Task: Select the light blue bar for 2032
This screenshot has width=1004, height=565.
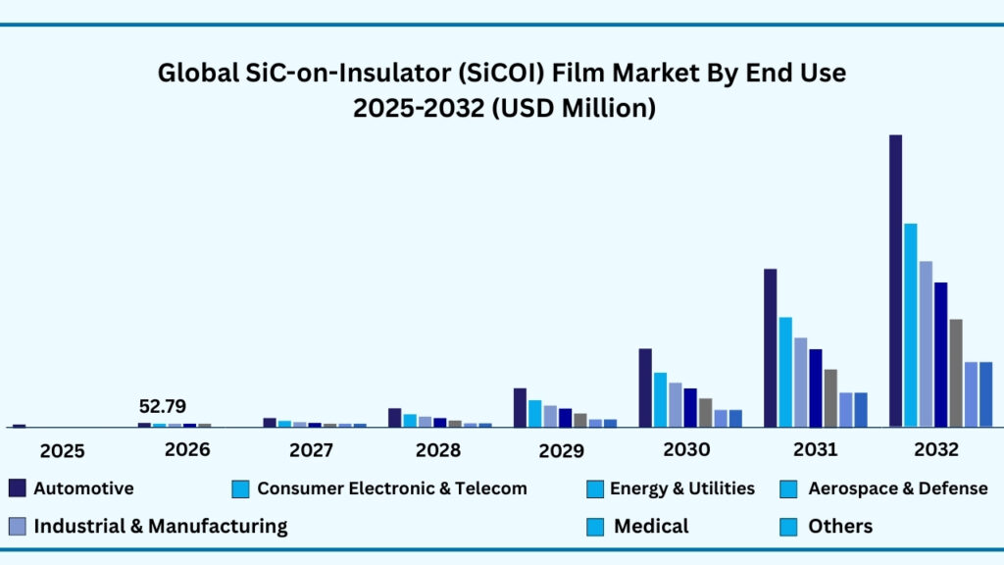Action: pos(911,325)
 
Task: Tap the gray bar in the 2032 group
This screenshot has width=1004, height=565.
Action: pos(956,373)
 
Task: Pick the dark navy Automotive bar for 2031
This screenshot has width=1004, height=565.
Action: pos(770,347)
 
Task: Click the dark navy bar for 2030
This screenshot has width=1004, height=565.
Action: pos(645,387)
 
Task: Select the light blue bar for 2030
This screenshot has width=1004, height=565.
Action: pos(660,399)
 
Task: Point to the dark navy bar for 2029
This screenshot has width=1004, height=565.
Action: pos(520,407)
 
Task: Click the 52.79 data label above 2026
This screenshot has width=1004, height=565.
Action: pos(163,406)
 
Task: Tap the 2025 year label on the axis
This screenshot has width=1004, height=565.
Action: pos(62,451)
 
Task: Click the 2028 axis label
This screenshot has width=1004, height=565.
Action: pos(437,450)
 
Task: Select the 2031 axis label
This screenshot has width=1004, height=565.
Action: pos(814,450)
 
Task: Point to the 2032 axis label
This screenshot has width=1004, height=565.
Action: pos(935,450)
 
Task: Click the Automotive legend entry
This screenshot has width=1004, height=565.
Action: pos(83,488)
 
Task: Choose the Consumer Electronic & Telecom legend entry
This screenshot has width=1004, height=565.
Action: pos(391,488)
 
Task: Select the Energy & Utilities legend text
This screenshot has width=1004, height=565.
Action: pos(681,488)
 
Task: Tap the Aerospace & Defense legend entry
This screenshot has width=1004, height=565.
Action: pos(897,488)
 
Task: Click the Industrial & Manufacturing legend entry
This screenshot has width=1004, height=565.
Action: pos(161,526)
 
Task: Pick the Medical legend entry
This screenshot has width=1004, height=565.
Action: pos(651,526)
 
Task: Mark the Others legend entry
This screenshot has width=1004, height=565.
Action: pos(840,526)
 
